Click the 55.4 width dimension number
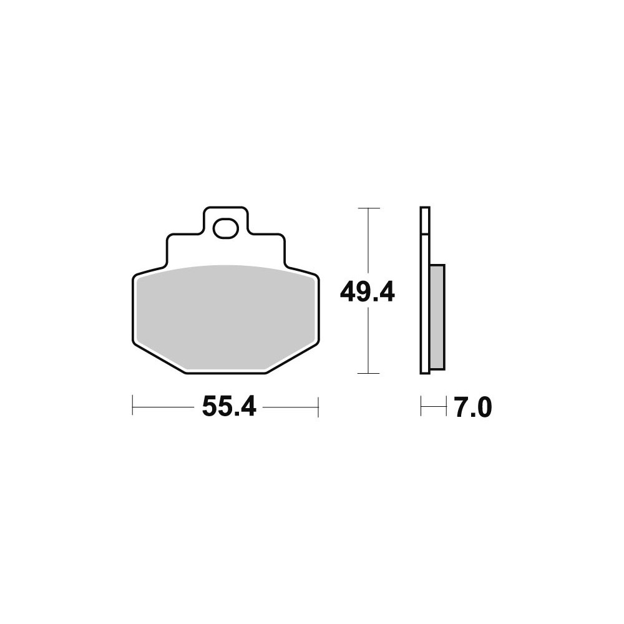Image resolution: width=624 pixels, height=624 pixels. coord(229,407)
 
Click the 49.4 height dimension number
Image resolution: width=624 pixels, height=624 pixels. coord(368,292)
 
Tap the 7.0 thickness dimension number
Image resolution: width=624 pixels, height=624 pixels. coord(474,407)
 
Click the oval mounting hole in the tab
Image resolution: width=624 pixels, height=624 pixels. coord(226,228)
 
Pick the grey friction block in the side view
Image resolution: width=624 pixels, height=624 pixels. coord(437,317)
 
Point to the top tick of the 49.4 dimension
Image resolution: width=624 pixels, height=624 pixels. coord(369,208)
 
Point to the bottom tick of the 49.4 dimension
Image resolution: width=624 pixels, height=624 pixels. coord(369,373)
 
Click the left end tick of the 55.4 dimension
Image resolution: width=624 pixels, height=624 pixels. coord(132,406)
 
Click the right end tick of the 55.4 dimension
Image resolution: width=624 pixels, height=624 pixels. coord(318,406)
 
